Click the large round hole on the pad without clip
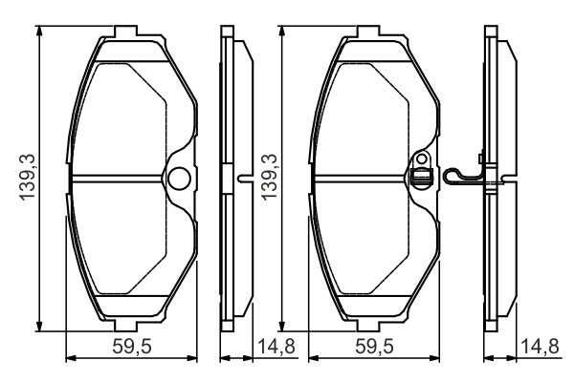tap(180, 178)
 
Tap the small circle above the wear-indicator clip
tap(422, 159)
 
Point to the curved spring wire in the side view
tap(462, 175)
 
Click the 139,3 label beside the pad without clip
tap(28, 178)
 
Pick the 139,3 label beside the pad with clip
tap(270, 178)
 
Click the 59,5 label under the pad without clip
tap(132, 346)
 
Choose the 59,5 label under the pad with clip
tap(374, 346)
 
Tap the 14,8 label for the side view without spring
tap(276, 346)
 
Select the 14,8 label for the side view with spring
tap(540, 346)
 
